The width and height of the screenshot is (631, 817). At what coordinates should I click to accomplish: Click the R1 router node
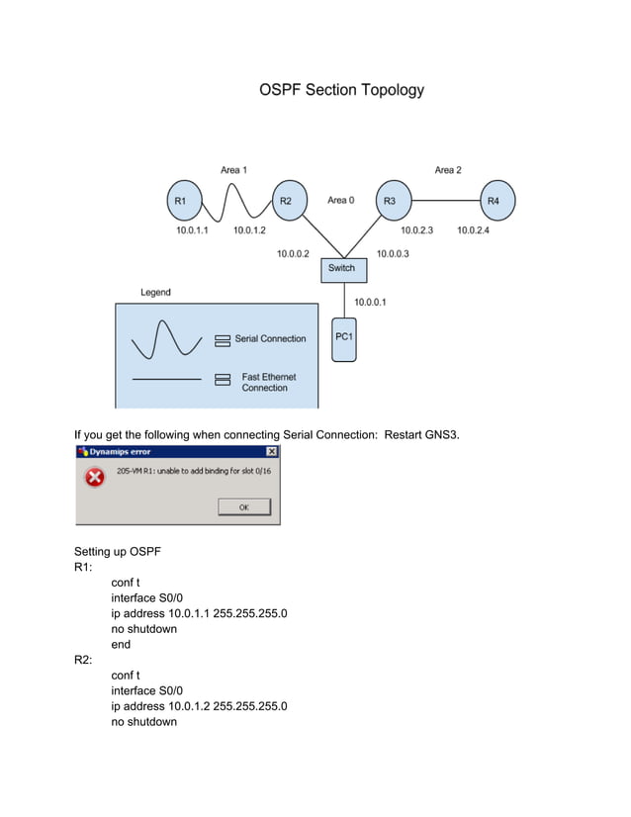click(180, 201)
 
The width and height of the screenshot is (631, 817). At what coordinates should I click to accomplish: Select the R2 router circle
click(285, 201)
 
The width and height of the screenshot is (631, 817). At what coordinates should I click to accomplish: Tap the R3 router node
click(390, 201)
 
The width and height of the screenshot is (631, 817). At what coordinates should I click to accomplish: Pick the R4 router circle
click(495, 201)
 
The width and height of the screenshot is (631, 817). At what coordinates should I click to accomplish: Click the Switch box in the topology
click(340, 269)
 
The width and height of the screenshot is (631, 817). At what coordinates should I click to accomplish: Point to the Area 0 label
click(340, 201)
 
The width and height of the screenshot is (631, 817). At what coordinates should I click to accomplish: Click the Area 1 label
click(233, 170)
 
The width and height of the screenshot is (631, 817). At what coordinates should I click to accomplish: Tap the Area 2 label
click(447, 170)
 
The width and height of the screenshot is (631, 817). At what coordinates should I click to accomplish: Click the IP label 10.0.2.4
click(473, 230)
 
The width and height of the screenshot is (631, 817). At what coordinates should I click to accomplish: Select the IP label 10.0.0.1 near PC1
click(370, 302)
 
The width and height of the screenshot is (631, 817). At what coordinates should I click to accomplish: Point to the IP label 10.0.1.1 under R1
click(192, 230)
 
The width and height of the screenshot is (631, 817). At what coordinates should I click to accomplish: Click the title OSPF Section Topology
click(341, 90)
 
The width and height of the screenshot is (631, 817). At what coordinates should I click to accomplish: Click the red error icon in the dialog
click(94, 479)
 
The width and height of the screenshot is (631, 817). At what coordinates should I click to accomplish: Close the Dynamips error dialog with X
click(272, 452)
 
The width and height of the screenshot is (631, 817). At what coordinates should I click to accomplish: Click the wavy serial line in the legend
click(165, 339)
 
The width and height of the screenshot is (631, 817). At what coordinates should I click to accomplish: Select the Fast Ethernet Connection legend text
click(269, 382)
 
